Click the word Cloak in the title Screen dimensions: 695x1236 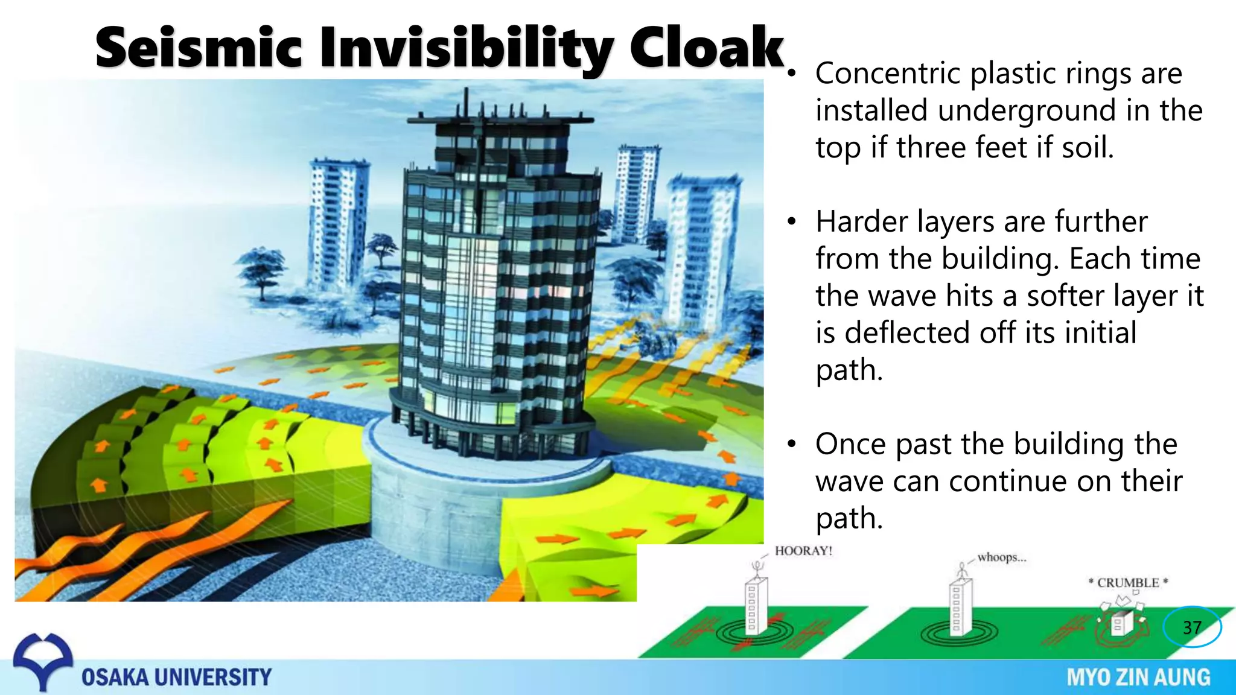[706, 48]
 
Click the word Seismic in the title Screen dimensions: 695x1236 [199, 48]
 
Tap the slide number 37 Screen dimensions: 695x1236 [1192, 627]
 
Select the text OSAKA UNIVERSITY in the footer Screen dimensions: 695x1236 [176, 677]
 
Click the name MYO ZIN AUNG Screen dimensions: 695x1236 [1138, 677]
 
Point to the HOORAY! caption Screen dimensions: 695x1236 [803, 551]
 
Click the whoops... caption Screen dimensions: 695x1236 [1002, 557]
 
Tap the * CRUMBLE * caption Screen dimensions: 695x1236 [1128, 583]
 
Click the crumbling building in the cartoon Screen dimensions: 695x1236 [1119, 621]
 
